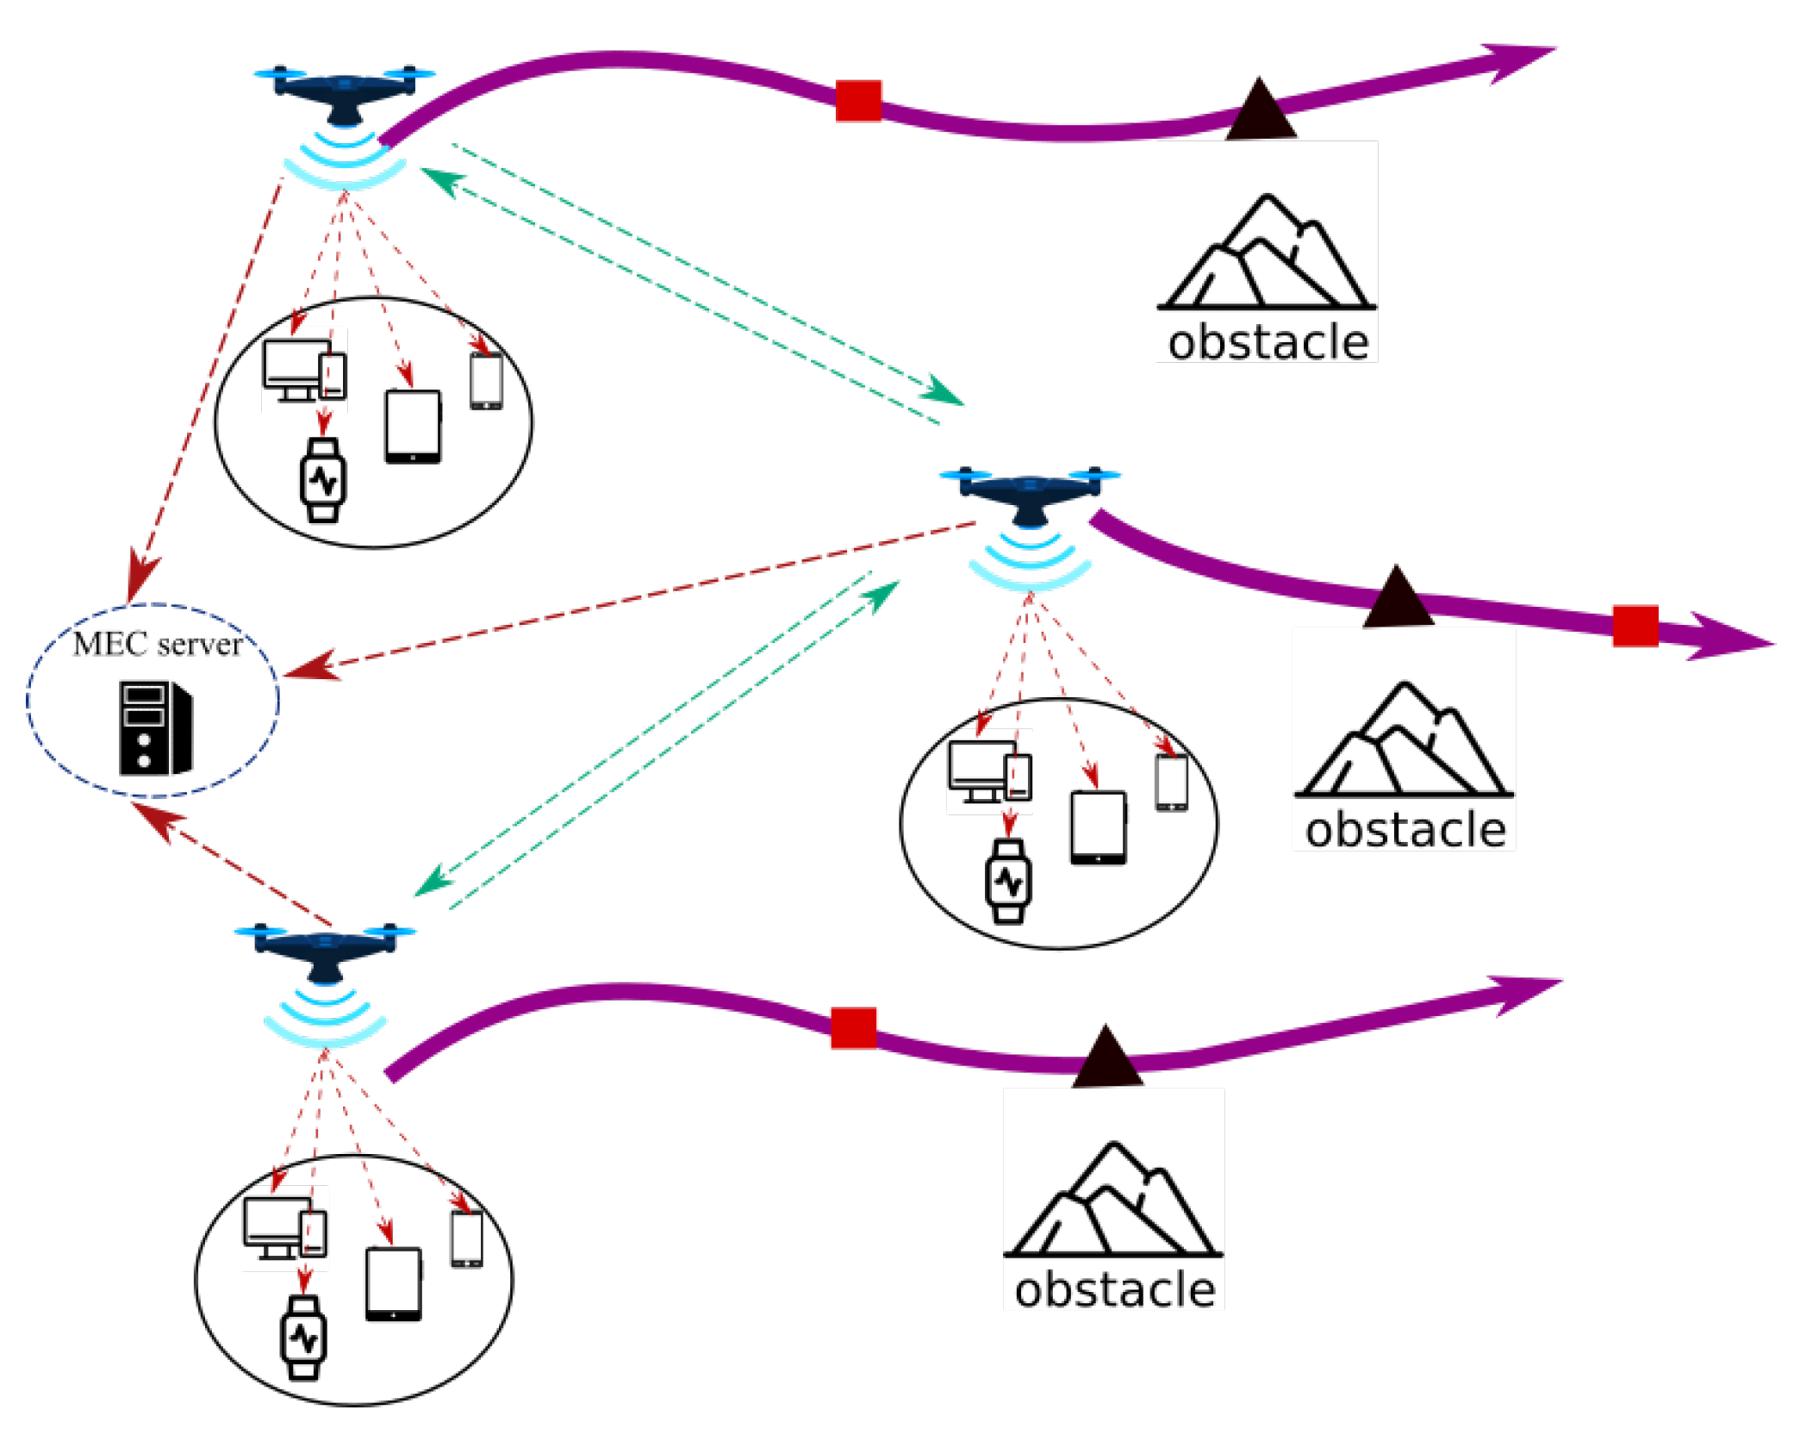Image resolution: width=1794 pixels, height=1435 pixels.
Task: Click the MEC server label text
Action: pyautogui.click(x=157, y=644)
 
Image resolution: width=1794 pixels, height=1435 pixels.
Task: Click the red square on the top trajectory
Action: pyautogui.click(x=858, y=101)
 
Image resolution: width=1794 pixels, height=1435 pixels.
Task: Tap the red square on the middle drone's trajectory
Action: pyautogui.click(x=1635, y=626)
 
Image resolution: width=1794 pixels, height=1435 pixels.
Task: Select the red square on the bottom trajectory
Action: pyautogui.click(x=853, y=1027)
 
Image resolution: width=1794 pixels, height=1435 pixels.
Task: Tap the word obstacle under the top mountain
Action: pyautogui.click(x=1268, y=343)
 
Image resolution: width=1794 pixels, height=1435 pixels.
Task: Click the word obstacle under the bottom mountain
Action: pyautogui.click(x=1114, y=1290)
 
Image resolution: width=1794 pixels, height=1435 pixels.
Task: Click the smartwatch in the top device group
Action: pyautogui.click(x=323, y=480)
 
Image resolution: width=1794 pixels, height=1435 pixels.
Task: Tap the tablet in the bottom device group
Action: pyautogui.click(x=394, y=1283)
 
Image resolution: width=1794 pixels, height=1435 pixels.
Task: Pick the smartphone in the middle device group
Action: pyautogui.click(x=1171, y=783)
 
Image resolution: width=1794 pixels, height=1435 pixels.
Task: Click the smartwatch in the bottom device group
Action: pyautogui.click(x=303, y=1338)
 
